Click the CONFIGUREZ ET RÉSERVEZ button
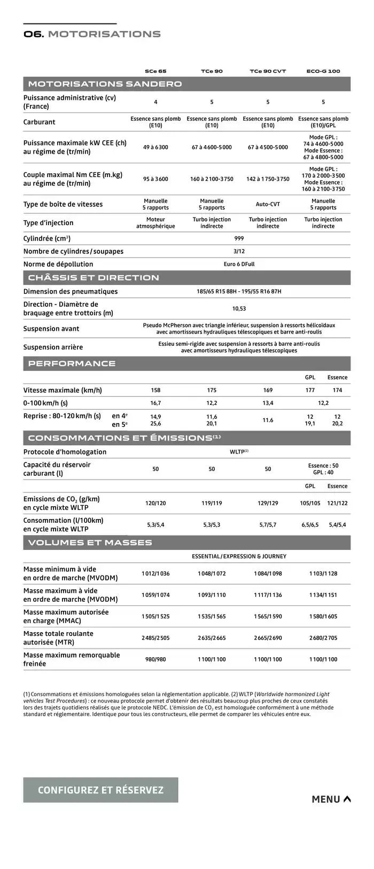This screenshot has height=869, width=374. point(100,790)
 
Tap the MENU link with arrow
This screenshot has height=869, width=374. point(331,799)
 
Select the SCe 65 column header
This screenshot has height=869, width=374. point(155,71)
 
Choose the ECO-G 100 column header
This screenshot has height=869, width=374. point(323,71)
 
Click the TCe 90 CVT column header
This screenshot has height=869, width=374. point(268,71)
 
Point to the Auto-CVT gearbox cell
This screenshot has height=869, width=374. point(268,204)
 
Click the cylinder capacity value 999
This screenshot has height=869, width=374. point(239,238)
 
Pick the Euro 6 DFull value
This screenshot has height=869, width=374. point(239,264)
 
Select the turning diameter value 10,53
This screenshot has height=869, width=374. point(239,308)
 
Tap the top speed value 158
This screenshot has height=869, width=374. point(155,390)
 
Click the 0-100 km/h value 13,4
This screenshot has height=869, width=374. point(268,403)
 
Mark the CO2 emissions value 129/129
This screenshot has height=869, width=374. point(268,503)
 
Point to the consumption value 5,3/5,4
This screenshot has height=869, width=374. point(155,524)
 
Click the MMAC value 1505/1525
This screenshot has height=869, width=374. point(155,616)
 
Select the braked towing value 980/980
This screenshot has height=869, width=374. point(155,659)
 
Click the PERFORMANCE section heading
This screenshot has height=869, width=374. point(72,363)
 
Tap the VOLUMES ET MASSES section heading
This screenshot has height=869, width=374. point(90,543)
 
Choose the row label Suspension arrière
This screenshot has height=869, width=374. point(53,347)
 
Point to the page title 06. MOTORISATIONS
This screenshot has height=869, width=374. point(92,34)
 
